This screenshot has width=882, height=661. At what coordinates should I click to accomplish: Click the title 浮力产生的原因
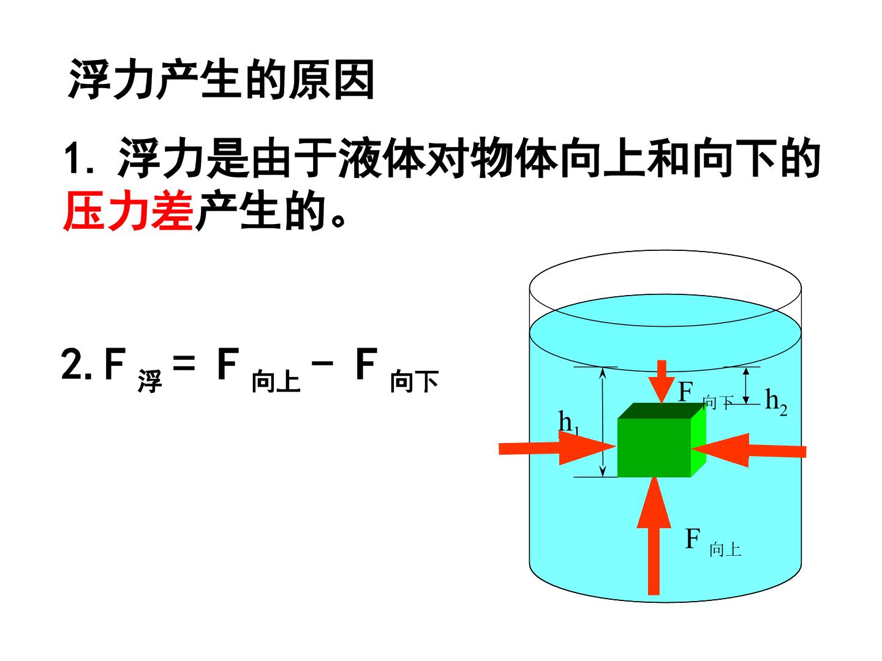click(x=221, y=79)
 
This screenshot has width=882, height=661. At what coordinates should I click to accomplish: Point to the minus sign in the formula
click(x=322, y=363)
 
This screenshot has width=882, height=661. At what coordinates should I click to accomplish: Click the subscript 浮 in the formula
click(x=150, y=381)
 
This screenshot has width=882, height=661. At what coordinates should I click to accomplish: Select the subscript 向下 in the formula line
click(x=414, y=381)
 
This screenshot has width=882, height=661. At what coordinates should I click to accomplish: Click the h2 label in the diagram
click(x=775, y=401)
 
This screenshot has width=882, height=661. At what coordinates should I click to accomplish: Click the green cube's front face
click(x=654, y=447)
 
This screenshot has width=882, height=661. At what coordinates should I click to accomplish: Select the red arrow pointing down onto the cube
click(x=661, y=382)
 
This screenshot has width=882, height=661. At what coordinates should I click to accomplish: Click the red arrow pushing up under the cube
click(x=654, y=536)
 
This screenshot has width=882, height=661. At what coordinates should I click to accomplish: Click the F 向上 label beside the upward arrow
click(x=713, y=543)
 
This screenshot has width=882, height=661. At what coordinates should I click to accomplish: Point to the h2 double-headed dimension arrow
click(x=746, y=386)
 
